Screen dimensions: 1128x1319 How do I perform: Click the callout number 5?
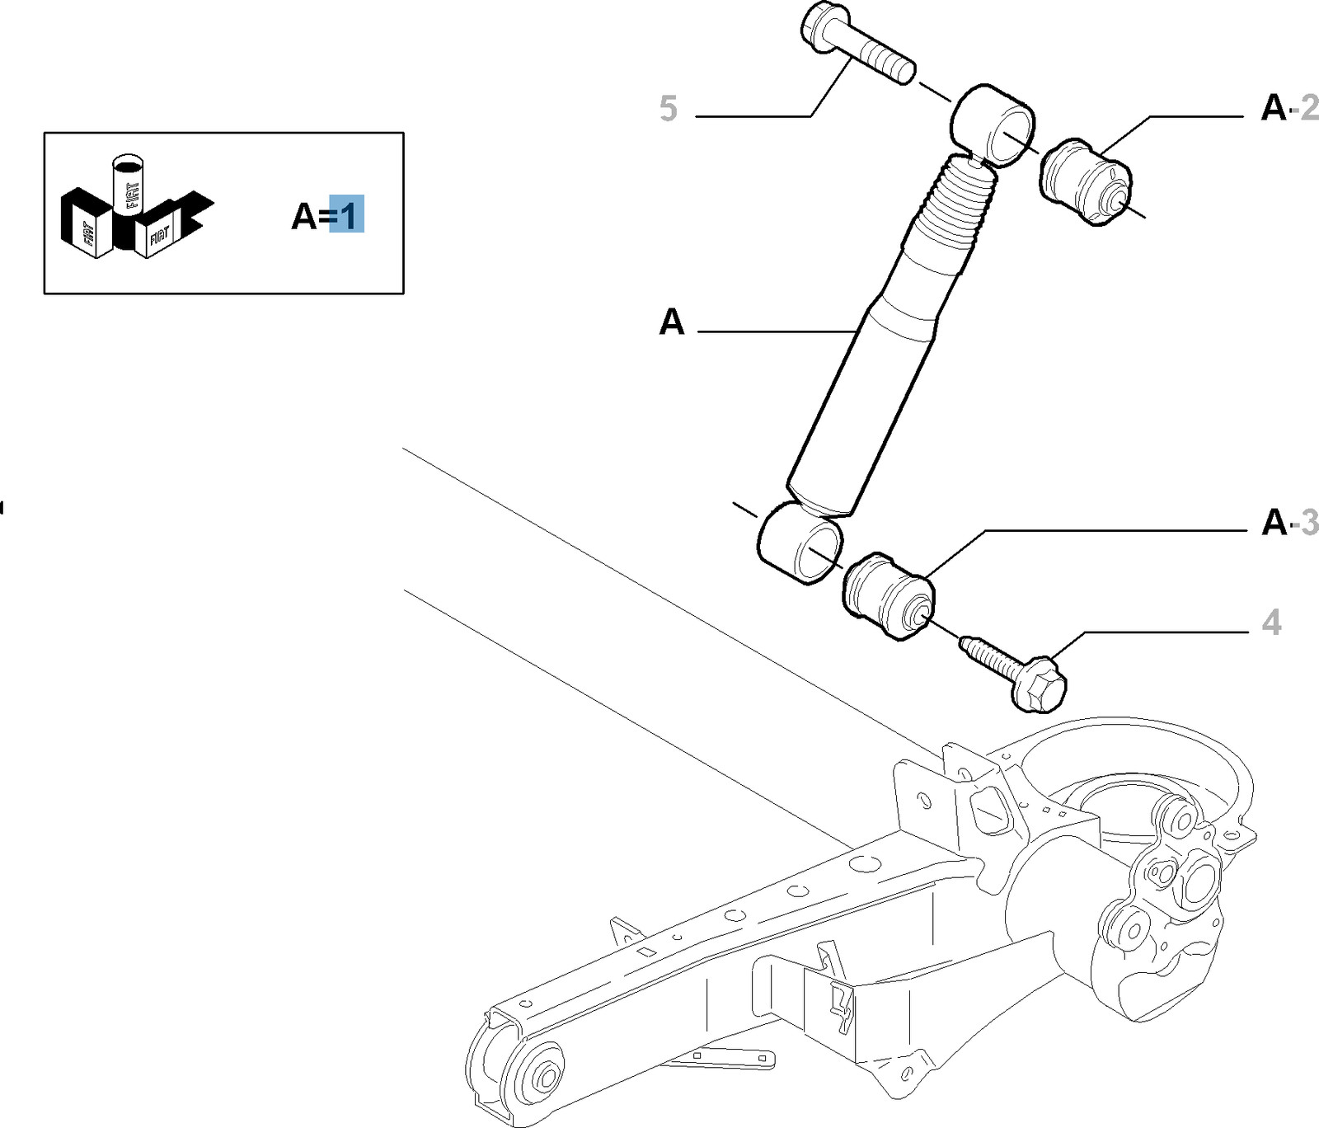click(669, 109)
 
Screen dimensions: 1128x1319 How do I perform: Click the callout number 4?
click(1272, 623)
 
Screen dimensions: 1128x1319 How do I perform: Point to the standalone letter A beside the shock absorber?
click(672, 322)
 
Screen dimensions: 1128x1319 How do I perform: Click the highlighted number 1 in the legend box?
click(347, 216)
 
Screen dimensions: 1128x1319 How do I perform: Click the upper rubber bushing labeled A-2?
click(1084, 182)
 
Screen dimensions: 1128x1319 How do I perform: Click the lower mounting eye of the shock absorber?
click(800, 543)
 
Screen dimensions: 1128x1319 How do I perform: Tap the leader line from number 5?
click(754, 116)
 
